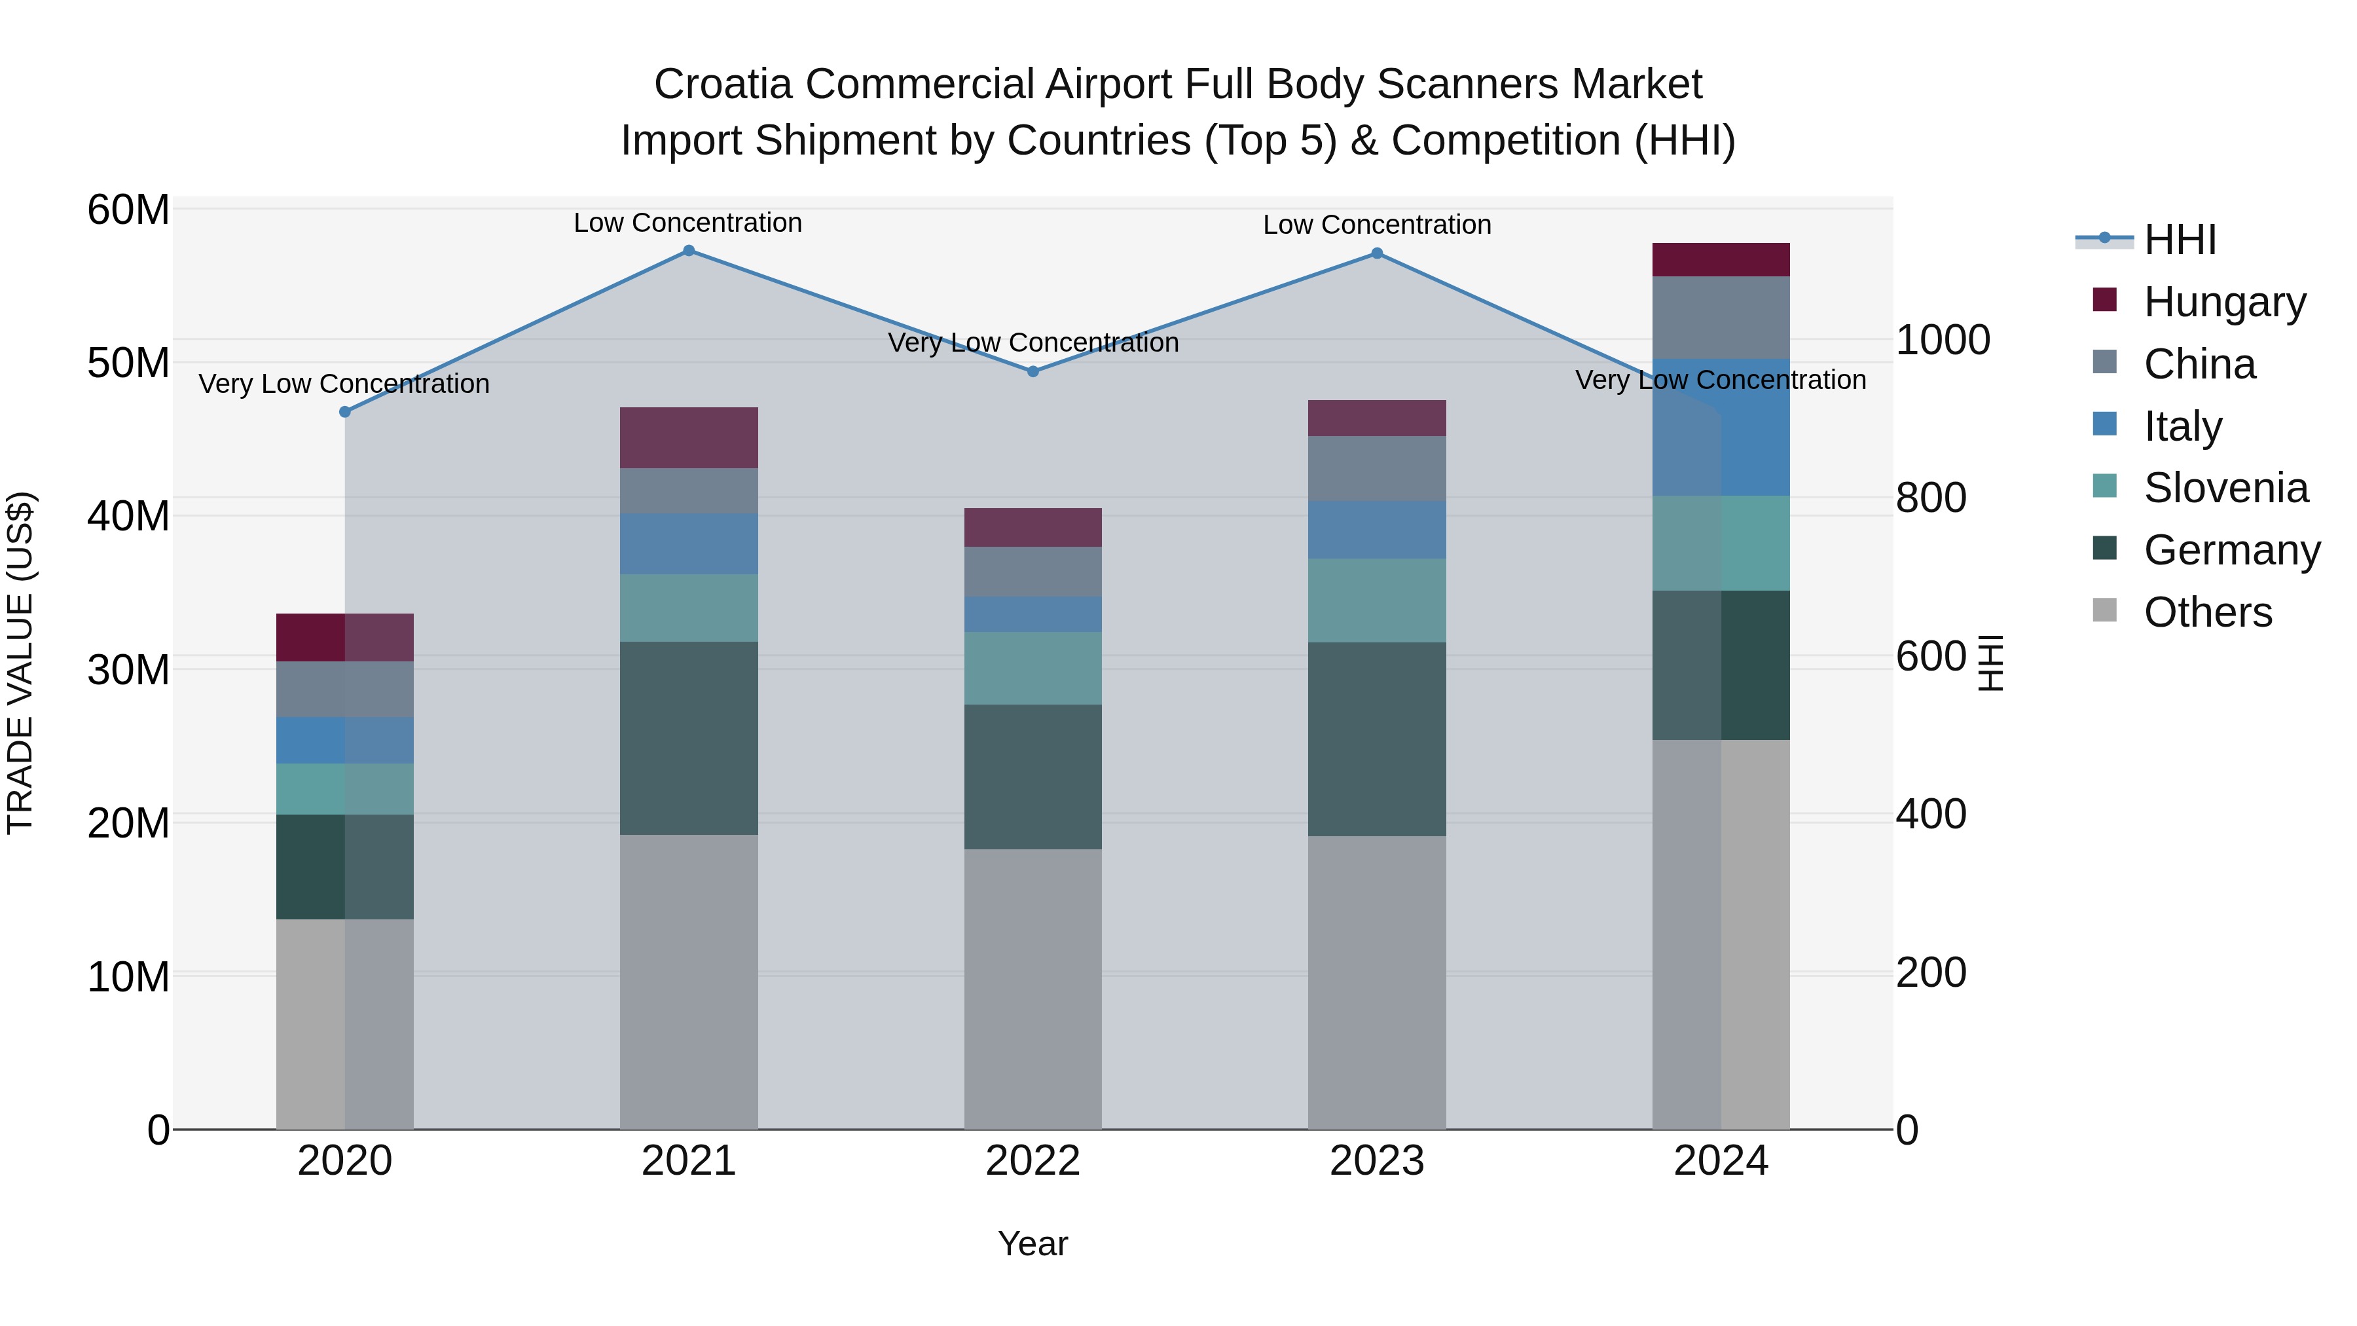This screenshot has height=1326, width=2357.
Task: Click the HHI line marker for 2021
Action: coord(689,251)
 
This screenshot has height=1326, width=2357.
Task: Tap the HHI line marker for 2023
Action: coord(1376,253)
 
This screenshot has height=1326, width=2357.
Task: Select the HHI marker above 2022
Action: coord(1033,371)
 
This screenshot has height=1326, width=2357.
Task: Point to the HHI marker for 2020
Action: coord(345,412)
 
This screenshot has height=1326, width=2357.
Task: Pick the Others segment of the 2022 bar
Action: coord(1033,988)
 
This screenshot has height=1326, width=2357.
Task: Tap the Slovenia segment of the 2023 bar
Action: coord(1376,600)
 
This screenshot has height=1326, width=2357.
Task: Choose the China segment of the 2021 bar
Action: coord(689,491)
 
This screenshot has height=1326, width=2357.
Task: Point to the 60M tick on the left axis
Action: coord(128,210)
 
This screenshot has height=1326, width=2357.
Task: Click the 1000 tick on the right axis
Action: coord(1943,341)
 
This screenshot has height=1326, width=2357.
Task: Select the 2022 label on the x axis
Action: coord(1033,1161)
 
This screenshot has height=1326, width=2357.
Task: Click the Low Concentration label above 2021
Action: coord(688,223)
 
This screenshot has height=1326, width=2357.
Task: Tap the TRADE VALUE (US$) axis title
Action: coord(20,663)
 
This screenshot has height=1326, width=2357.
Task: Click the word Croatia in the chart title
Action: coord(723,84)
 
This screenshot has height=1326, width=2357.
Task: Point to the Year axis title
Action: coord(1033,1243)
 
